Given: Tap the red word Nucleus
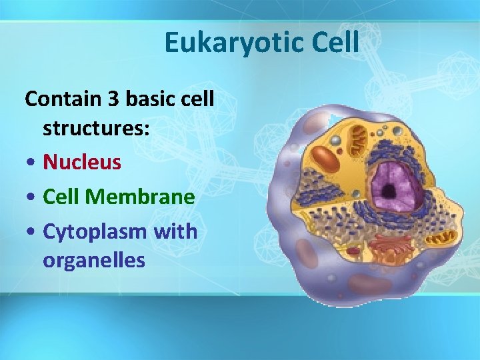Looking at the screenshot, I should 81,162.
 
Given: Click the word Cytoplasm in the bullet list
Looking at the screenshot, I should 94,232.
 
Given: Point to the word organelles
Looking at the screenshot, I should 93,260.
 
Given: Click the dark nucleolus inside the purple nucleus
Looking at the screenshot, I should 387,191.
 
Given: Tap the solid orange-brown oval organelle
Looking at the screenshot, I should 327,159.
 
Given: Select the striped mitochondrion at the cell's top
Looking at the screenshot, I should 360,141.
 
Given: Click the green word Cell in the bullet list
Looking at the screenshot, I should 61,197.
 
